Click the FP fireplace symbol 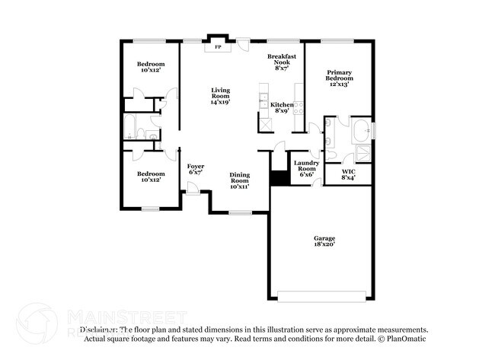pos(218,47)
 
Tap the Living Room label pos(220,95)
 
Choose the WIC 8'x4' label pos(349,174)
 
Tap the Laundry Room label pos(306,168)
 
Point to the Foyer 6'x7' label pos(196,169)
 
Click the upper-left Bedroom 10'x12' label pos(148,67)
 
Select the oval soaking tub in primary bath pos(362,130)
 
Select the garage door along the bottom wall pos(323,295)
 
